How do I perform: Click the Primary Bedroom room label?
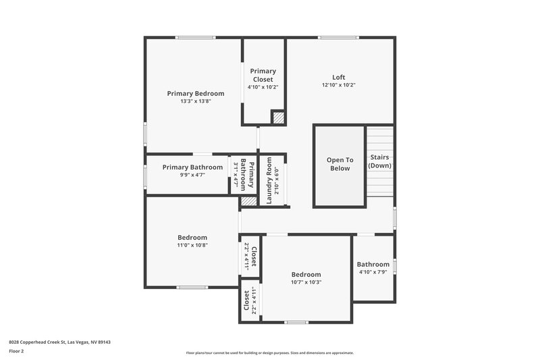195,93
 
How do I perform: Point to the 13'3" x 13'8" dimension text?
195,101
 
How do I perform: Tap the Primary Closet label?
263,75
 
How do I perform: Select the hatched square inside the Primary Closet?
277,118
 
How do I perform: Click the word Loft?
338,77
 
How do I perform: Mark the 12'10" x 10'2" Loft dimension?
338,85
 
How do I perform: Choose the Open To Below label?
340,164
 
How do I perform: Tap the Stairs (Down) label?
380,161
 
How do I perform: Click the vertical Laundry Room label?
269,180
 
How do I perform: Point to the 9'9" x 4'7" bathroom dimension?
192,175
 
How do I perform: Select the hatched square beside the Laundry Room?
248,201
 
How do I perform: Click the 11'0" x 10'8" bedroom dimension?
192,246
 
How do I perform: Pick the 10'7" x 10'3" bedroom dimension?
306,282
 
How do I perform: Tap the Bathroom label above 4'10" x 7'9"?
373,264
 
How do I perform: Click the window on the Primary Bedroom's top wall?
195,37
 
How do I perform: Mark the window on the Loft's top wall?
338,37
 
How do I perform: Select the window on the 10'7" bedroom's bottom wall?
296,322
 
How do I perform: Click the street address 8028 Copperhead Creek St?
59,342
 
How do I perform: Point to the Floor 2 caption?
16,351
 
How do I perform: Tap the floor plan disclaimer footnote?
269,353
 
